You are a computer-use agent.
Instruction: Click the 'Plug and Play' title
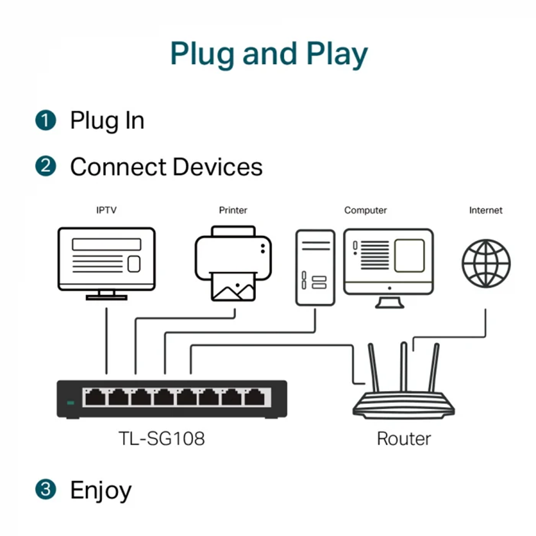[x=269, y=54]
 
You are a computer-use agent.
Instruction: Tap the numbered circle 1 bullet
[x=46, y=120]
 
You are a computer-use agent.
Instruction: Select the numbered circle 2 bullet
[x=46, y=167]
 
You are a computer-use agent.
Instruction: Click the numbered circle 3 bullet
[x=46, y=490]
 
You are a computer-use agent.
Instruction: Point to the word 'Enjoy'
[x=101, y=491]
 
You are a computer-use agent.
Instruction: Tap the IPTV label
[x=106, y=210]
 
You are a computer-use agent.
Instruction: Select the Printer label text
[x=233, y=210]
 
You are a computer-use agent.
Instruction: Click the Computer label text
[x=365, y=210]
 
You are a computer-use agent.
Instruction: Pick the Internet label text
[x=486, y=210]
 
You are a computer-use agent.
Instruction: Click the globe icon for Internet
[x=486, y=263]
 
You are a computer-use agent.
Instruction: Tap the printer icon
[x=233, y=263]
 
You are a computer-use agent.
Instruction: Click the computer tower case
[x=315, y=267]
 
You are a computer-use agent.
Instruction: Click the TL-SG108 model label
[x=161, y=438]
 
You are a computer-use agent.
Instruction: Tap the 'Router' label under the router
[x=404, y=438]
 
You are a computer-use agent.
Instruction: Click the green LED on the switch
[x=71, y=403]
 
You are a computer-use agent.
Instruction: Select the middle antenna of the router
[x=404, y=366]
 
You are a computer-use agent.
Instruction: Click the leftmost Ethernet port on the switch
[x=95, y=398]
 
